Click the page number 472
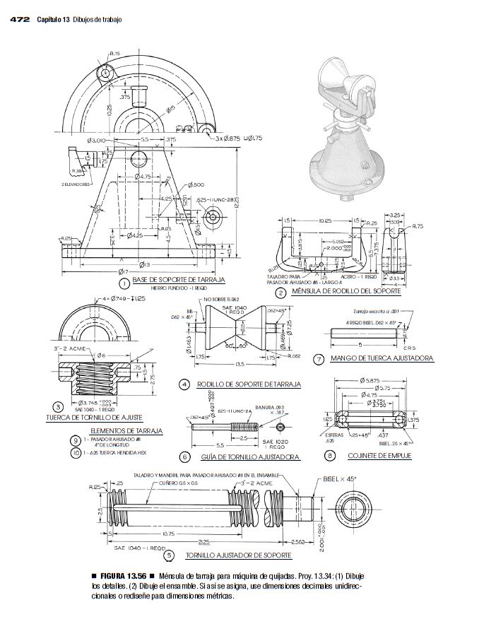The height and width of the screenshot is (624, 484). [x=19, y=19]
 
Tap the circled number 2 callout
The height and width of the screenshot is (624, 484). [x=281, y=293]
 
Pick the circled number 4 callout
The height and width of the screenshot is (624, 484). [x=184, y=384]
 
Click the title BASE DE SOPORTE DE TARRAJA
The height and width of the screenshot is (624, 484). [x=178, y=281]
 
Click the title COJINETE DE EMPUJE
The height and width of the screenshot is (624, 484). [x=374, y=457]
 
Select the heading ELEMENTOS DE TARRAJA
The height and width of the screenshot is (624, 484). [x=127, y=430]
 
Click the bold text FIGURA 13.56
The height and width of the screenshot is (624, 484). [x=126, y=576]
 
